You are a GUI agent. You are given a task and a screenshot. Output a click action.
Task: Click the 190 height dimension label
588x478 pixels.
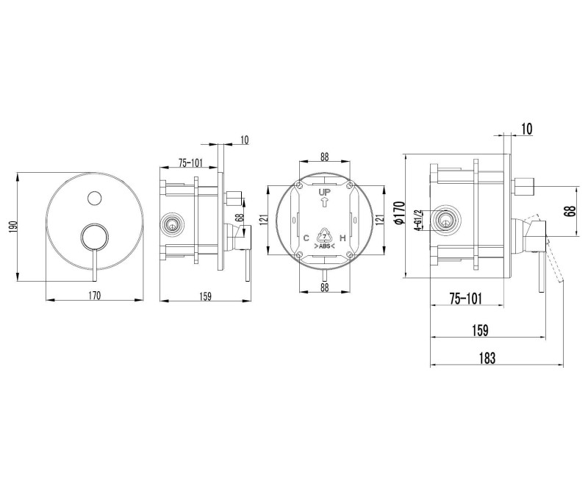point(13,227)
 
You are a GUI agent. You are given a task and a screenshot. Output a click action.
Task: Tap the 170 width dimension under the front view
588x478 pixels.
point(95,296)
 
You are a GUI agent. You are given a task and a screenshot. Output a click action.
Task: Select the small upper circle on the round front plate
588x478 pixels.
point(94,198)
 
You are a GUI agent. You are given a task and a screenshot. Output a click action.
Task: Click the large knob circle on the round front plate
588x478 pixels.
point(95,237)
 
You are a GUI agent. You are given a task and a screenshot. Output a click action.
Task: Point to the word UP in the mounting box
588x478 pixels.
point(325,193)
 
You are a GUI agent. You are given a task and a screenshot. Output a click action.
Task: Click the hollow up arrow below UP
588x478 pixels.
point(325,202)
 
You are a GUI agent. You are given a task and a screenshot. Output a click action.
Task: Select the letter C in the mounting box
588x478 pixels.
point(306,238)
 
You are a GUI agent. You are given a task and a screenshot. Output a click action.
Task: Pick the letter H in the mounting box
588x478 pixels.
point(342,238)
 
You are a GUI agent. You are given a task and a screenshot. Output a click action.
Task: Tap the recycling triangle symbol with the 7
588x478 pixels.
point(324,236)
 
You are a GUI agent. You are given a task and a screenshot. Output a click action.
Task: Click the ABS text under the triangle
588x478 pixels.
point(324,246)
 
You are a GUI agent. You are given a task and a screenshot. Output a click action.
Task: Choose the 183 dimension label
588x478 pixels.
point(487,358)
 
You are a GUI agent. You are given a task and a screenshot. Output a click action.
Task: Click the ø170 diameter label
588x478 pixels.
point(400,213)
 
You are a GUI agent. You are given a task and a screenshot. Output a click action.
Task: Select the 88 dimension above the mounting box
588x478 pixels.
point(325,157)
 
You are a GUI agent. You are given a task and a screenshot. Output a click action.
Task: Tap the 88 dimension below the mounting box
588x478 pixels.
point(325,287)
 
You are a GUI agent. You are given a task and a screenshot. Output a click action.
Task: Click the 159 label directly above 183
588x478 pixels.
point(481,330)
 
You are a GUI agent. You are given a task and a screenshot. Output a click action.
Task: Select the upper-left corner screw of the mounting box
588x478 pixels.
point(299,185)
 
